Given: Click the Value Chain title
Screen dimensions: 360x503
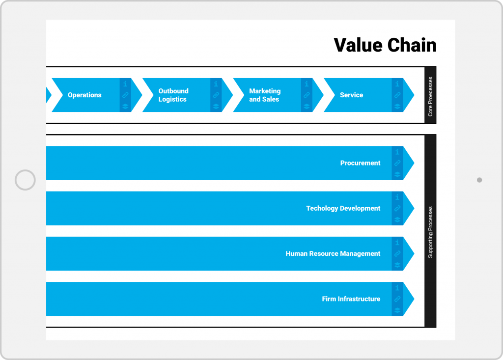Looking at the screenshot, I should pos(385,45).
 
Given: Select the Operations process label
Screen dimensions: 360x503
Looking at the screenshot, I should pos(84,95).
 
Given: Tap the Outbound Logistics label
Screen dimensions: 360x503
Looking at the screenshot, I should pos(173,95).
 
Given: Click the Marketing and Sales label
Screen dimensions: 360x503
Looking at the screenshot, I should pos(265,95).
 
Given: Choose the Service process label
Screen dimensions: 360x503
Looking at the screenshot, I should pos(351,95).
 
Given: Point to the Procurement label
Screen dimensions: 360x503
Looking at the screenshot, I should pos(360,163).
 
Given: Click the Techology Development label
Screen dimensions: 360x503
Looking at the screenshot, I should pos(343,208).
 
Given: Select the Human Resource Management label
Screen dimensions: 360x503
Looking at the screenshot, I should pos(333,254).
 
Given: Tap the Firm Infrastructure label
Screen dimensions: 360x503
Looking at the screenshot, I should pos(351,299).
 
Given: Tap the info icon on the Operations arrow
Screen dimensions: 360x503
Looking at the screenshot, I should pos(125,84).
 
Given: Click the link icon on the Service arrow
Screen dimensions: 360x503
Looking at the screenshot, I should pos(397,95).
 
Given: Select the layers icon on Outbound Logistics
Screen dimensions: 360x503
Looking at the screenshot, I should pos(216,106).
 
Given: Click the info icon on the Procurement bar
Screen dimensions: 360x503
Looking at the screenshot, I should pos(397,152).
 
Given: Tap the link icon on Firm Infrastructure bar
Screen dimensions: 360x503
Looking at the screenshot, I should pos(397,299).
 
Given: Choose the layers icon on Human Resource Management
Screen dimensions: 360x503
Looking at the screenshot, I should pos(397,265).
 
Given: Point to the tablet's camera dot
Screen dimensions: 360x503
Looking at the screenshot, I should pos(479,180).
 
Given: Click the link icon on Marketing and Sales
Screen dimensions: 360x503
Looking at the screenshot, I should pos(307,95).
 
